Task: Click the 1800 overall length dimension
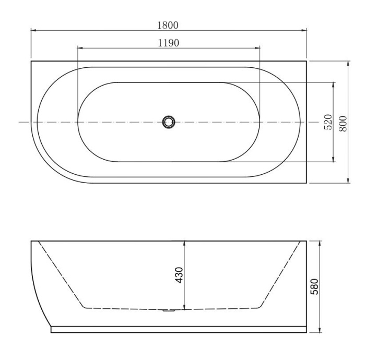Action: point(169,24)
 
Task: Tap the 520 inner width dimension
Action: point(328,122)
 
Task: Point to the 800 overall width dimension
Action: point(343,122)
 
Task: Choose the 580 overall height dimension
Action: point(314,286)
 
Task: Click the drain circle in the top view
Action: point(168,122)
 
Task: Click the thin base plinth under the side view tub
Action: point(178,330)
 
